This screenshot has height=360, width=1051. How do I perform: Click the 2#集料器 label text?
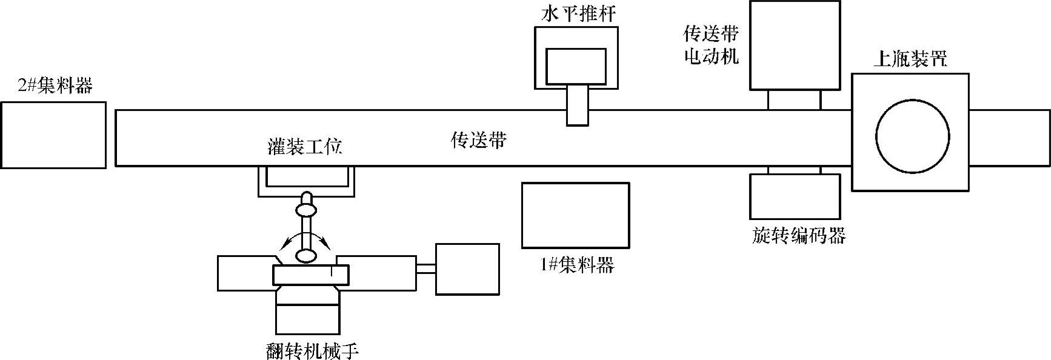[55, 85]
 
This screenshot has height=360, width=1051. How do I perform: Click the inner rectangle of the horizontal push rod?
[576, 66]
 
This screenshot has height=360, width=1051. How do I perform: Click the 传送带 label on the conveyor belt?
[479, 141]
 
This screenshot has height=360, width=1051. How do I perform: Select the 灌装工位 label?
[305, 147]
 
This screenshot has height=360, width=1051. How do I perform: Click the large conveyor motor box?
[795, 45]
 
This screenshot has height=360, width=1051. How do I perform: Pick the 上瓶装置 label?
[910, 59]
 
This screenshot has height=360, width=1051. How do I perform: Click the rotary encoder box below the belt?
[795, 196]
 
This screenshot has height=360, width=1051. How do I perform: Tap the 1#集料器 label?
[576, 265]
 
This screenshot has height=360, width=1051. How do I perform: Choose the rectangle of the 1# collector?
[575, 215]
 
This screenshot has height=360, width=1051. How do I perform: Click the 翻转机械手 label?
[309, 351]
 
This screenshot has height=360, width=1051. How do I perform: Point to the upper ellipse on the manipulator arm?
[305, 210]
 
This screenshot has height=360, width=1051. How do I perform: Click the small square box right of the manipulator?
[467, 269]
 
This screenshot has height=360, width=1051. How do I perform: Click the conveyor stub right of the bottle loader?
[1009, 138]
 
